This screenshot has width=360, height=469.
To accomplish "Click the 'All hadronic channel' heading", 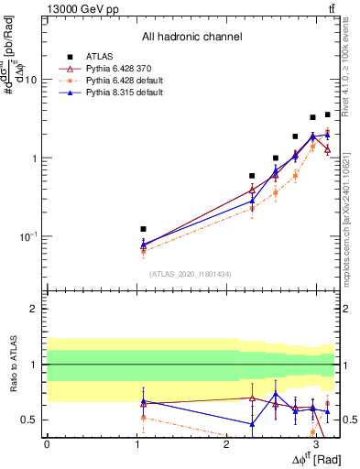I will (191, 38).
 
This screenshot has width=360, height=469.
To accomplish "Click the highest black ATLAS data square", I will (327, 115).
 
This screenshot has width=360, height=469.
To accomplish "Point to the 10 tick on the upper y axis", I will (30, 80).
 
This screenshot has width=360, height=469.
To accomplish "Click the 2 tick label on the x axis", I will (226, 442).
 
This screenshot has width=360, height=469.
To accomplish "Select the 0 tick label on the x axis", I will (47, 442).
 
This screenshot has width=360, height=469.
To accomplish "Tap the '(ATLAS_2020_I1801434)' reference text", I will (190, 274).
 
